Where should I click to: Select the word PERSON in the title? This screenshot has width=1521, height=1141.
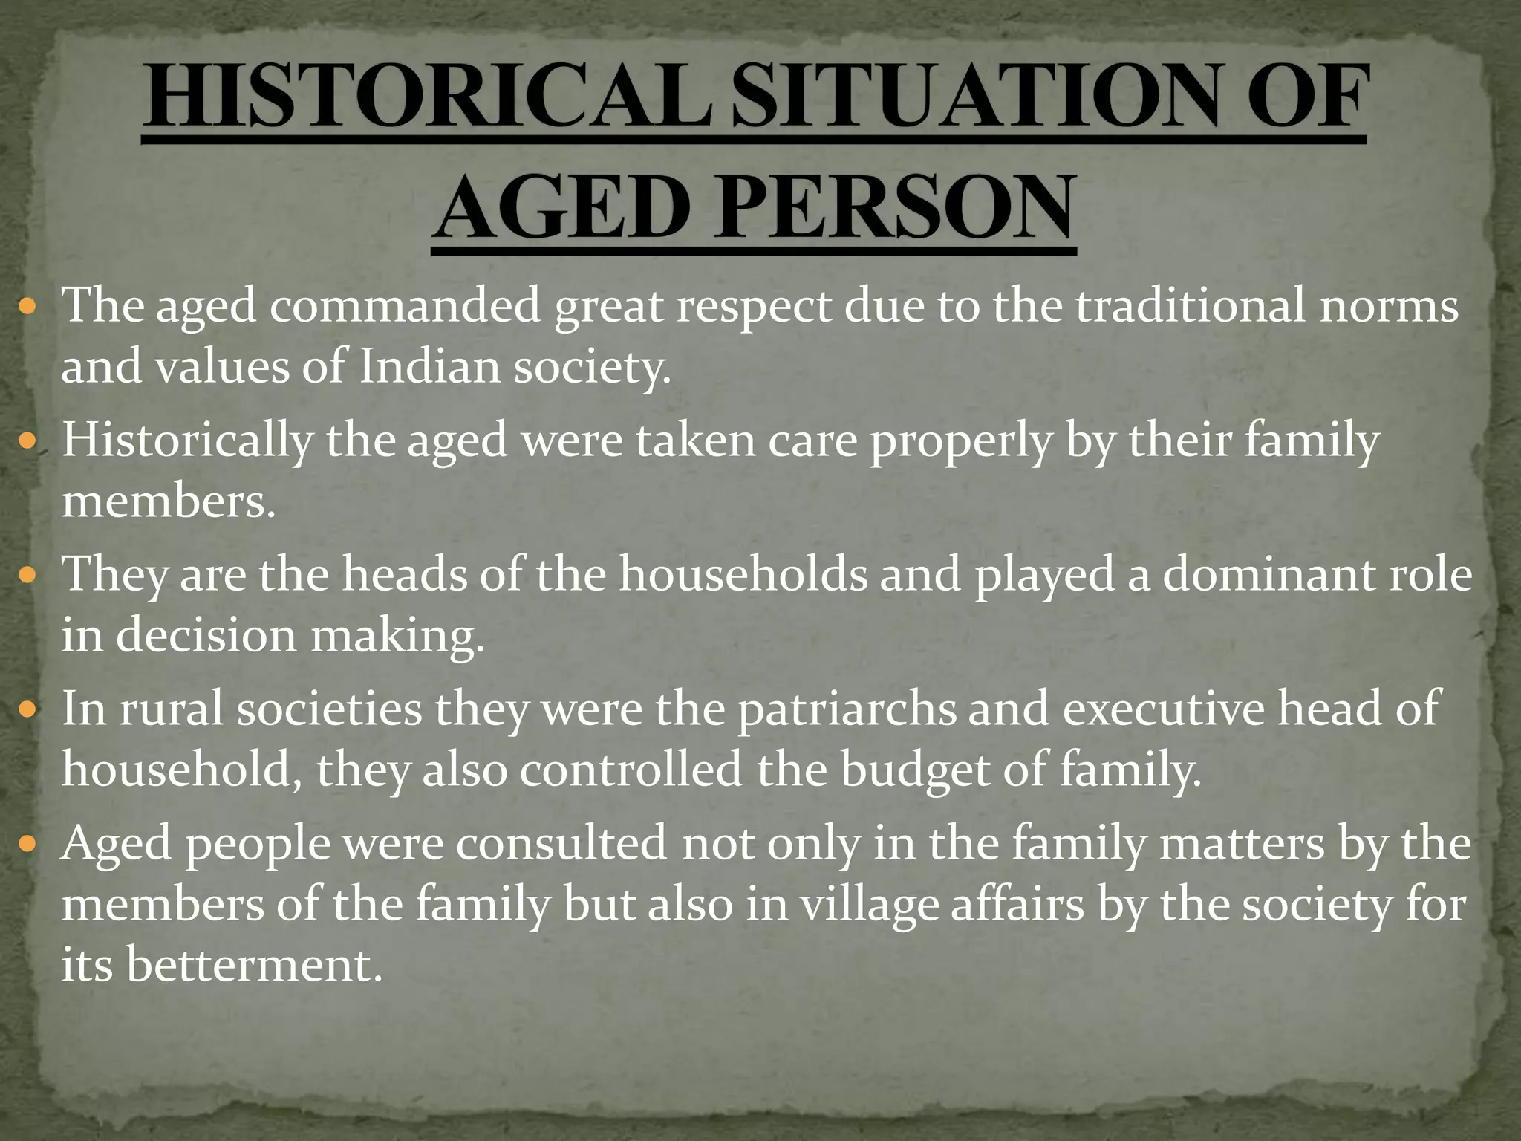click(894, 207)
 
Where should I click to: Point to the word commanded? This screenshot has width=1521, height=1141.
click(405, 306)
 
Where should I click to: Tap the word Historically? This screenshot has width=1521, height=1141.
click(187, 441)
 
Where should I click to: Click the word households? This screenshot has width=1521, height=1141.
click(744, 574)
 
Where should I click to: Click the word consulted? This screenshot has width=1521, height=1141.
click(561, 844)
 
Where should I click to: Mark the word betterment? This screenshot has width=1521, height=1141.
click(254, 966)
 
